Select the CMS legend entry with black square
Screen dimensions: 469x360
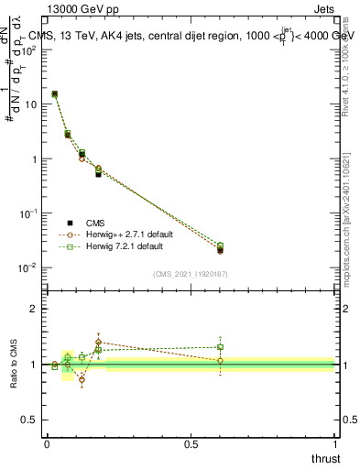[x=96, y=222]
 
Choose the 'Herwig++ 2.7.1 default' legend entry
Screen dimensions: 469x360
[x=130, y=234]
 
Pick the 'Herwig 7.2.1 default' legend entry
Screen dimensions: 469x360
[x=127, y=247]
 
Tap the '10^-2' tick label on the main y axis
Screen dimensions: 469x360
[x=31, y=267]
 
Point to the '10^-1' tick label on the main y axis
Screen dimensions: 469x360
[x=31, y=213]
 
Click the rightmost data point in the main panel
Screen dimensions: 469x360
[x=220, y=249]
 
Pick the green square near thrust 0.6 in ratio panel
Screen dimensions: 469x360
[x=220, y=347]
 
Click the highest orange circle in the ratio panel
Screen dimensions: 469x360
[x=98, y=342]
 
